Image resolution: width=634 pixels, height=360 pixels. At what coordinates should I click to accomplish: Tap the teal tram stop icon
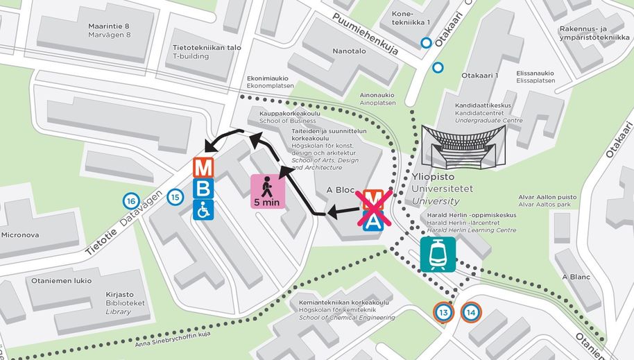pyautogui.click(x=438, y=255)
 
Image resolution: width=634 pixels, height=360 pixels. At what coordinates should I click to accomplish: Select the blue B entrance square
pyautogui.click(x=203, y=189)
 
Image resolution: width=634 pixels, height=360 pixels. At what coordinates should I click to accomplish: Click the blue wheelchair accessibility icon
pyautogui.click(x=203, y=209)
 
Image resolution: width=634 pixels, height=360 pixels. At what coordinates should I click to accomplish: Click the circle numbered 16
pyautogui.click(x=130, y=201)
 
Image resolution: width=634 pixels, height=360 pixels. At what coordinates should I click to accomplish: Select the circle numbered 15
pyautogui.click(x=176, y=196)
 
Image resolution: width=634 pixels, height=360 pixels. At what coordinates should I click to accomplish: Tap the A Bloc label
pyautogui.click(x=341, y=190)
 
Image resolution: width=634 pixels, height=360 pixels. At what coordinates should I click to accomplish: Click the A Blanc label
pyautogui.click(x=576, y=277)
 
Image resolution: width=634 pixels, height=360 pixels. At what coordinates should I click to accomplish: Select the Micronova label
pyautogui.click(x=20, y=234)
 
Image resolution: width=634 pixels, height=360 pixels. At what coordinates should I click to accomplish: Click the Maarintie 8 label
pyautogui.click(x=109, y=26)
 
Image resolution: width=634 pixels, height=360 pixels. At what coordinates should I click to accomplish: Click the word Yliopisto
pyautogui.click(x=433, y=176)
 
